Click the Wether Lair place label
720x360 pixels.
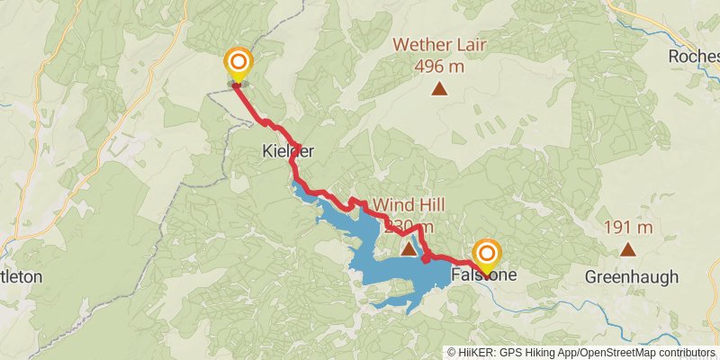[439, 43]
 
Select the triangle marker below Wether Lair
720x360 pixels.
[439, 88]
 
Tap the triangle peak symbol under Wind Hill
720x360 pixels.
[409, 249]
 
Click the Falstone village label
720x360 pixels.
[484, 275]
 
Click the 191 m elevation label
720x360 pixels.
[628, 228]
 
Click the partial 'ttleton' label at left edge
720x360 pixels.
[21, 276]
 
